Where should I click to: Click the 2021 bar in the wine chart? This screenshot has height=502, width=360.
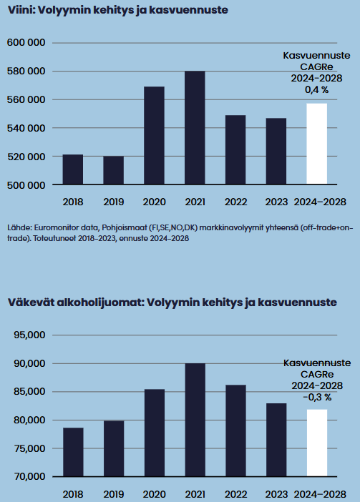point(195,127)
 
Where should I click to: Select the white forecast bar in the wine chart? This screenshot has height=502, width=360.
point(317,144)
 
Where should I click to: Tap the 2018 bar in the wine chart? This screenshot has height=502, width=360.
point(73,169)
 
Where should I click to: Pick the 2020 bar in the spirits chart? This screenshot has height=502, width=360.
point(155,433)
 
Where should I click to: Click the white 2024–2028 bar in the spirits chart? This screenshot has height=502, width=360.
point(317,443)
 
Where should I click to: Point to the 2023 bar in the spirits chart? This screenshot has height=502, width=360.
point(276,440)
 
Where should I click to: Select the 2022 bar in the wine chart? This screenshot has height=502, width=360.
point(235,150)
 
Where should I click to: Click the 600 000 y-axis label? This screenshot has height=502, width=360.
point(26,43)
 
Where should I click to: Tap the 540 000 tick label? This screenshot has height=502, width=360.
point(26,128)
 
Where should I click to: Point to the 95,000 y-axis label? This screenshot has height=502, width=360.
point(29,335)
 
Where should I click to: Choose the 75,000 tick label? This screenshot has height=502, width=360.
point(29,448)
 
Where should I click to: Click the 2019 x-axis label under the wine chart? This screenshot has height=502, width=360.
point(114,202)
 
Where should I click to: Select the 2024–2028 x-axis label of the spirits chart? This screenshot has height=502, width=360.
point(321,494)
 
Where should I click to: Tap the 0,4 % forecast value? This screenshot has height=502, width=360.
point(317,90)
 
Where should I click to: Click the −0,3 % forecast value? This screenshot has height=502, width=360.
point(317,398)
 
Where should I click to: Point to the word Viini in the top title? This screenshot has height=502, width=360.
point(21,10)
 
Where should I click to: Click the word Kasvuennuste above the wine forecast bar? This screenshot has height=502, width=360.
point(317,55)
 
